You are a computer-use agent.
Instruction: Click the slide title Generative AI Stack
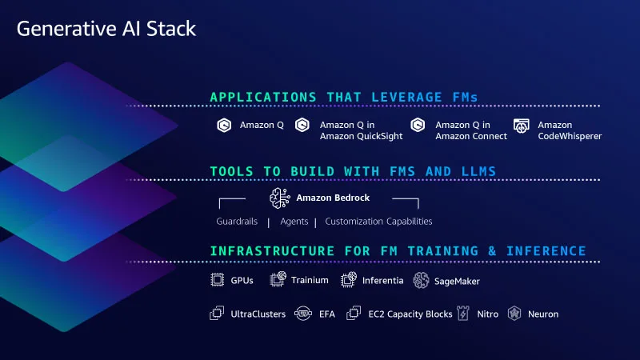click(x=106, y=29)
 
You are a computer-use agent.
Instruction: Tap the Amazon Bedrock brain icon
click(x=279, y=198)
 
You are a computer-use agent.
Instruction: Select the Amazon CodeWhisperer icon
click(x=522, y=126)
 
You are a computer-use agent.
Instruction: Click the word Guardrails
click(x=237, y=222)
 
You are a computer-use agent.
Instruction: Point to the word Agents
click(x=294, y=222)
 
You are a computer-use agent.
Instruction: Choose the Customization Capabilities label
click(x=378, y=222)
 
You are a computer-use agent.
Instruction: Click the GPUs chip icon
click(x=217, y=280)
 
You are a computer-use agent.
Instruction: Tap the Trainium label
click(x=310, y=280)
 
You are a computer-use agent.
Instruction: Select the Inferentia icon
click(x=349, y=280)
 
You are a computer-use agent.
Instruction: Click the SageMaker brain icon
click(x=421, y=281)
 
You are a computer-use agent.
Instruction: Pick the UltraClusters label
click(x=258, y=314)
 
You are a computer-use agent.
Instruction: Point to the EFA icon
click(x=303, y=314)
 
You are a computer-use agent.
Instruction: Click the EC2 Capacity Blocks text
click(x=410, y=314)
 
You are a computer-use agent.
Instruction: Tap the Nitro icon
click(x=463, y=313)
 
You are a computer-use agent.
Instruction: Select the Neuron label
click(x=543, y=314)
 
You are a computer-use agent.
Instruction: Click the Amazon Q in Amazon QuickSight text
click(x=361, y=130)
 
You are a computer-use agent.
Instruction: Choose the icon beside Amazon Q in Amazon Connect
click(x=418, y=125)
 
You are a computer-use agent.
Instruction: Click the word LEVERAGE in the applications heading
click(x=406, y=97)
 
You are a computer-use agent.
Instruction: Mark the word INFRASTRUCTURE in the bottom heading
click(x=272, y=251)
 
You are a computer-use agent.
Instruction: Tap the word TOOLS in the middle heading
click(x=231, y=171)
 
